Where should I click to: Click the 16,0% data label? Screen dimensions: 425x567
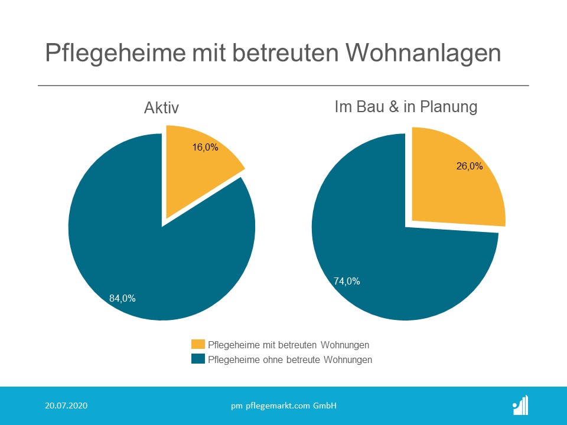pyautogui.click(x=205, y=148)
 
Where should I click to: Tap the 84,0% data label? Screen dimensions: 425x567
pyautogui.click(x=122, y=299)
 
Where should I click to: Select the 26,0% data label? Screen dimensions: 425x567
pyautogui.click(x=470, y=166)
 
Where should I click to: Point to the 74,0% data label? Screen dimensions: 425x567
pyautogui.click(x=347, y=282)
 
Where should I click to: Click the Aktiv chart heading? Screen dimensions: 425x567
pyautogui.click(x=161, y=108)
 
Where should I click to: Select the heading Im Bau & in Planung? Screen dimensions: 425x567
pyautogui.click(x=406, y=107)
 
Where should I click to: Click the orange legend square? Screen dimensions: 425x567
pyautogui.click(x=198, y=345)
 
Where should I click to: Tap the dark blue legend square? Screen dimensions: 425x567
pyautogui.click(x=198, y=359)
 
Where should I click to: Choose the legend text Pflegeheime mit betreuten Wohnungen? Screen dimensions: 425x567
pyautogui.click(x=289, y=345)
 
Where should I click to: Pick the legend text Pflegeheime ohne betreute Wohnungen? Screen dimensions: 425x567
pyautogui.click(x=291, y=359)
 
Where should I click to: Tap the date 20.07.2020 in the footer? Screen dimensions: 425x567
pyautogui.click(x=66, y=406)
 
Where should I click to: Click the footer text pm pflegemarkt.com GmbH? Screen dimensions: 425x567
pyautogui.click(x=283, y=406)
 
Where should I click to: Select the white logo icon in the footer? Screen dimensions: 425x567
pyautogui.click(x=520, y=406)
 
